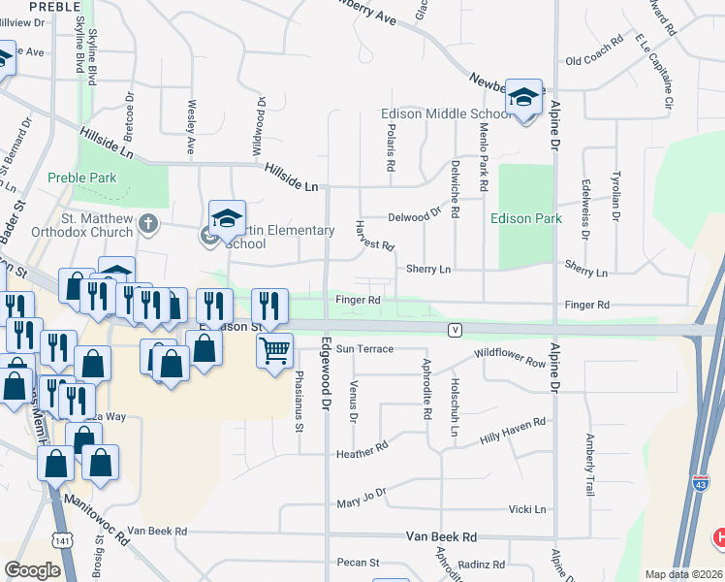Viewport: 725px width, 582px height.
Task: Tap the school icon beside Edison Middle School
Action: pos(523,98)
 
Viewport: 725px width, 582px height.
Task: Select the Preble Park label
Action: pos(82,178)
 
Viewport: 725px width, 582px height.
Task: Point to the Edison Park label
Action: pos(526,218)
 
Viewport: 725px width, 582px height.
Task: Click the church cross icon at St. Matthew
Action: pos(147,224)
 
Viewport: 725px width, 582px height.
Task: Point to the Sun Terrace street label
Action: pos(364,348)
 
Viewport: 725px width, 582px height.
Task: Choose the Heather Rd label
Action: pos(362,451)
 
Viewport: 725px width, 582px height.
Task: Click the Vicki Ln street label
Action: pos(527,509)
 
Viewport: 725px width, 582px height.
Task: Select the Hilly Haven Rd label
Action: pos(513,430)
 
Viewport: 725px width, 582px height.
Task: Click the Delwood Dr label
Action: pos(414,216)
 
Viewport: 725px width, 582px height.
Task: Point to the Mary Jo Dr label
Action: pos(361,499)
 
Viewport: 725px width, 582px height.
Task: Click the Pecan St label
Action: pos(359,563)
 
